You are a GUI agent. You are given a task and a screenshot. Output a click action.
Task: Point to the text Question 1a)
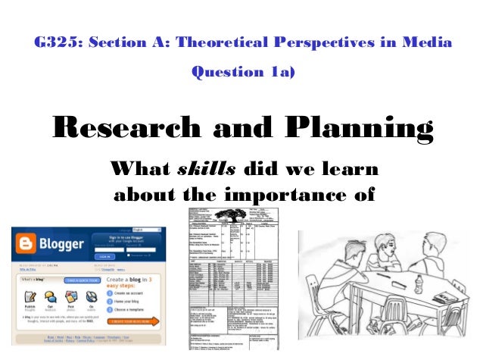coord(243,73)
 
